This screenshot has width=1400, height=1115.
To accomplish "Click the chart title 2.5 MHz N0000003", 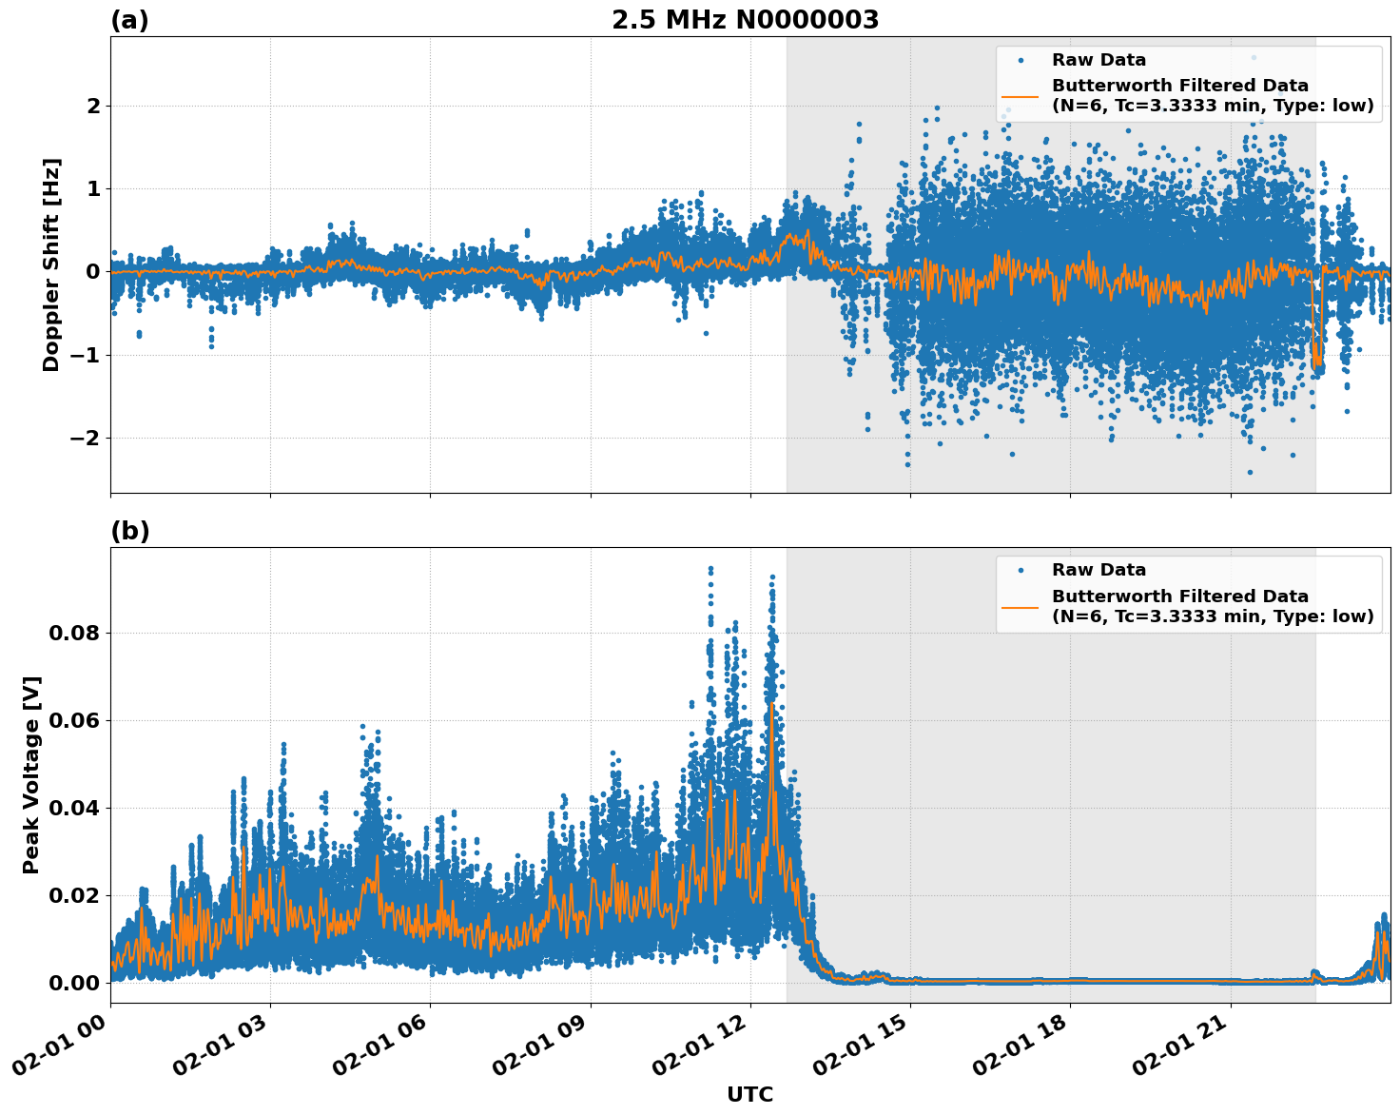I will tap(745, 20).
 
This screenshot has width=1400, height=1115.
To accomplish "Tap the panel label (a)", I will tap(129, 20).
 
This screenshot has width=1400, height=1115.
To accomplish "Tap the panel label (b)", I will tap(129, 531).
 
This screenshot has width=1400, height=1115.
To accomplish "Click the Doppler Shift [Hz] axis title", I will tap(51, 264).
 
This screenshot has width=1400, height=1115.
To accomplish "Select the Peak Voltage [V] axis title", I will tap(31, 774).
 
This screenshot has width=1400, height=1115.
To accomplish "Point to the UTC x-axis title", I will tap(749, 1094).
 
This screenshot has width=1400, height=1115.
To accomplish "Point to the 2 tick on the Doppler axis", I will tap(93, 106).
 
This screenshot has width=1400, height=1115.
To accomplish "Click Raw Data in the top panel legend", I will tap(1099, 60).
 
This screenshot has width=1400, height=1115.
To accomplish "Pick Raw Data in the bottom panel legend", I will tap(1099, 570).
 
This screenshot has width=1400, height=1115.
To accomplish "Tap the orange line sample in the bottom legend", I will tap(1021, 606).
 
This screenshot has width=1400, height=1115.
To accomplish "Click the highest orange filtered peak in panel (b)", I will tap(771, 704).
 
